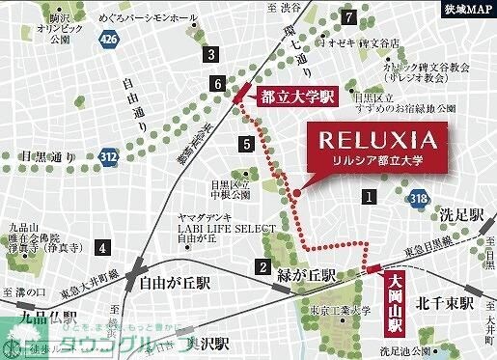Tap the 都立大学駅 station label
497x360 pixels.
click(296, 97)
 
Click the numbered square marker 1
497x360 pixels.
click(368, 197)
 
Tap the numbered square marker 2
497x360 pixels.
click(261, 267)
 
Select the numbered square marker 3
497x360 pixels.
click(208, 55)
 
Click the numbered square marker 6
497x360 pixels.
click(219, 84)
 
